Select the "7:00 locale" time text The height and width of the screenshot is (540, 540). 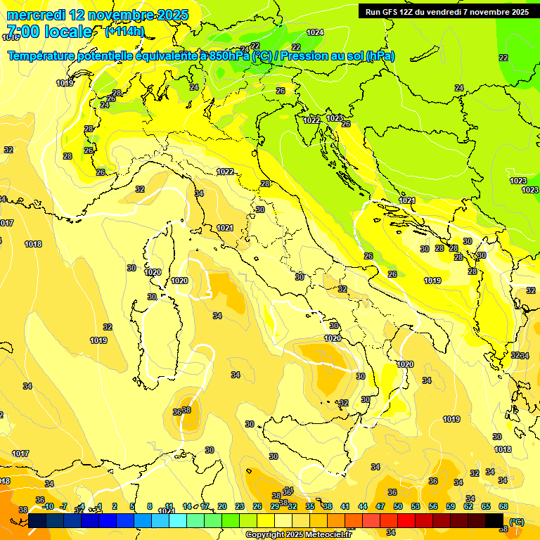pyautogui.click(x=49, y=32)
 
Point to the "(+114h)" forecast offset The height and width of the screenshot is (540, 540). pyautogui.click(x=124, y=32)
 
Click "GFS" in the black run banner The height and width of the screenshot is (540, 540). pyautogui.click(x=393, y=11)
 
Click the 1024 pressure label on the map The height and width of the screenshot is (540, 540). pyautogui.click(x=315, y=32)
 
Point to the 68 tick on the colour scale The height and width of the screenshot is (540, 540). pyautogui.click(x=503, y=506)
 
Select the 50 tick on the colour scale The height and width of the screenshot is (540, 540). pyautogui.click(x=398, y=506)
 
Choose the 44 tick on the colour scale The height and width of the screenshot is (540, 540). pyautogui.click(x=363, y=506)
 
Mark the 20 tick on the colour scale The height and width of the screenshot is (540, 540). pyautogui.click(x=222, y=506)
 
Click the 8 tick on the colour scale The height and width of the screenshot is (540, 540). pyautogui.click(x=150, y=506)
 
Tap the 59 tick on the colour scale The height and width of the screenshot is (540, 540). pyautogui.click(x=451, y=506)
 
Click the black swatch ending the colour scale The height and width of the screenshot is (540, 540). pyautogui.click(x=494, y=520)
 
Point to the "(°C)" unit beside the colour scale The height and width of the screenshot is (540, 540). pyautogui.click(x=517, y=521)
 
